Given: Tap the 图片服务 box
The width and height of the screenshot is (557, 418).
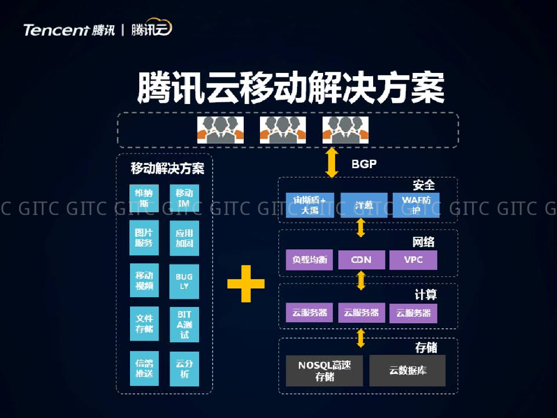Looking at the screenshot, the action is click(x=144, y=238).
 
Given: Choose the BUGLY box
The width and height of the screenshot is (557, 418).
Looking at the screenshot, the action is click(x=184, y=281).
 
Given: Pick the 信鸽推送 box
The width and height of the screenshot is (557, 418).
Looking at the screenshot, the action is click(x=144, y=368).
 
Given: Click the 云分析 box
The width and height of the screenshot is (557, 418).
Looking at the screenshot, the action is click(x=184, y=370).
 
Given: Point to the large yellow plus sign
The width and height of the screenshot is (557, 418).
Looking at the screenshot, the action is click(x=246, y=284).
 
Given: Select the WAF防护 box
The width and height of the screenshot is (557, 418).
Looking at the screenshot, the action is click(x=416, y=205).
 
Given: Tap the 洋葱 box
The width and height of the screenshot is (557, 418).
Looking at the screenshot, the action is click(x=364, y=205).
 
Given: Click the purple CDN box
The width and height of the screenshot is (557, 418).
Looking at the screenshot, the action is click(x=361, y=260).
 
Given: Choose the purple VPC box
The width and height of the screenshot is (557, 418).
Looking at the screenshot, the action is click(x=413, y=260).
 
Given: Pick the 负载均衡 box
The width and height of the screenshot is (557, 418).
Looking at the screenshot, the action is click(x=309, y=260).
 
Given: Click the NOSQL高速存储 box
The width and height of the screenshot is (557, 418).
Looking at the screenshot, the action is click(x=324, y=371).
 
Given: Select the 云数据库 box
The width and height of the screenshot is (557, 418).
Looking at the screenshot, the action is click(x=407, y=371).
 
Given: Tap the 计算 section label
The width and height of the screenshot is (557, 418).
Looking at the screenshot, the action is click(x=425, y=295).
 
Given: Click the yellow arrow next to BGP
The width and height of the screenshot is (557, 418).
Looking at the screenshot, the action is click(x=331, y=162).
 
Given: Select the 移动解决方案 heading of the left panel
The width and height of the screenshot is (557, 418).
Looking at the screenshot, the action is click(x=168, y=168).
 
